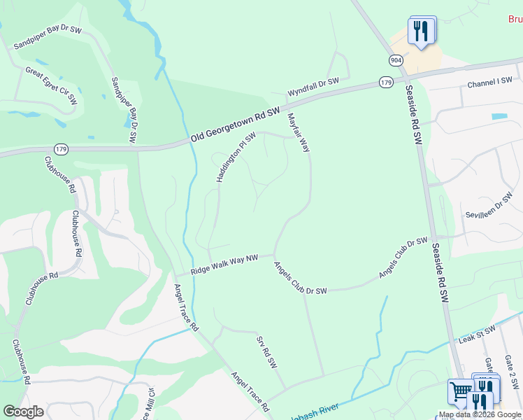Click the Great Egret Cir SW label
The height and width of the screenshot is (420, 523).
tap(51, 86)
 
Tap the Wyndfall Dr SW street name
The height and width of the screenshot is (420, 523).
tap(313, 87)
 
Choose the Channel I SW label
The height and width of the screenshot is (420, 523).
tap(490, 83)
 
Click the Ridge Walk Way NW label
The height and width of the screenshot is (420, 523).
tap(224, 264)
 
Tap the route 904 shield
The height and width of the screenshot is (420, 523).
tap(396, 61)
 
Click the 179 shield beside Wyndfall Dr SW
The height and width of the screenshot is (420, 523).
tap(386, 83)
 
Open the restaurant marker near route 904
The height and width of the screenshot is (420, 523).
tap(421, 31)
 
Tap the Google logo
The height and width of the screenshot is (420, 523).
tap(23, 412)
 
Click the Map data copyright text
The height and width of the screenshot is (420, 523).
tap(480, 415)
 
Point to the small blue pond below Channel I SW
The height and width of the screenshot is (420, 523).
tap(499, 115)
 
